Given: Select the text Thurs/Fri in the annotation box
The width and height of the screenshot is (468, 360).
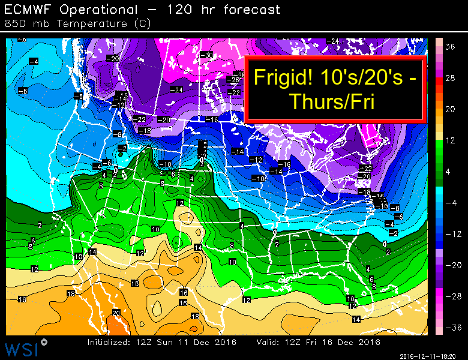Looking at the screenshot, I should [332, 102].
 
